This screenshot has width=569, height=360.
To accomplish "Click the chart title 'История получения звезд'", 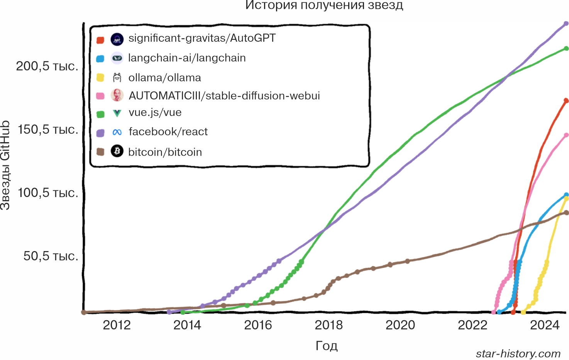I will [324, 5].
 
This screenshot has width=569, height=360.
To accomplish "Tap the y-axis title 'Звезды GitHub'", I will [5, 165].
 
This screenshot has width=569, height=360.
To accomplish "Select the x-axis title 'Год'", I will [327, 345].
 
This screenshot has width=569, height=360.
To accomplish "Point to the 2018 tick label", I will [329, 325].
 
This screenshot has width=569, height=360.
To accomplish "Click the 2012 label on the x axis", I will [117, 325].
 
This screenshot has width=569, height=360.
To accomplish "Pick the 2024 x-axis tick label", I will [544, 325].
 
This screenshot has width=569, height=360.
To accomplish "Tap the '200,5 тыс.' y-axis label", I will [47, 66].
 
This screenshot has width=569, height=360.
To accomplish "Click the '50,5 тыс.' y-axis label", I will [51, 256].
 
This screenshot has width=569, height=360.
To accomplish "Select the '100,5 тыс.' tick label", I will [48, 193].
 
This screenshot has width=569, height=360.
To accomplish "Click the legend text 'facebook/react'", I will [168, 132].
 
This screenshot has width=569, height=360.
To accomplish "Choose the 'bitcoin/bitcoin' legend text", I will [165, 152].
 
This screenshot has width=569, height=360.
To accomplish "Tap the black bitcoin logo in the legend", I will [117, 151].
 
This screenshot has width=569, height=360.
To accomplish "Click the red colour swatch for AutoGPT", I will [100, 40].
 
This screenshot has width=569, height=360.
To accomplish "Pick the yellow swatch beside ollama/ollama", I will [100, 78].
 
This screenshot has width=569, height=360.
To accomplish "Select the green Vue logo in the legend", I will [117, 113].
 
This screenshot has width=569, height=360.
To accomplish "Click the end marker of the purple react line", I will [566, 24].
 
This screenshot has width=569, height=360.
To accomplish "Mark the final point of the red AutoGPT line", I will [566, 101].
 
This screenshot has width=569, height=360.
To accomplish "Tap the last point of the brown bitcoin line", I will [566, 212].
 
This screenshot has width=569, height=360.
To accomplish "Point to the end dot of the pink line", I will [566, 135].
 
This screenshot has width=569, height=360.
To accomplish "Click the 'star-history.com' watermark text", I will [518, 353].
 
